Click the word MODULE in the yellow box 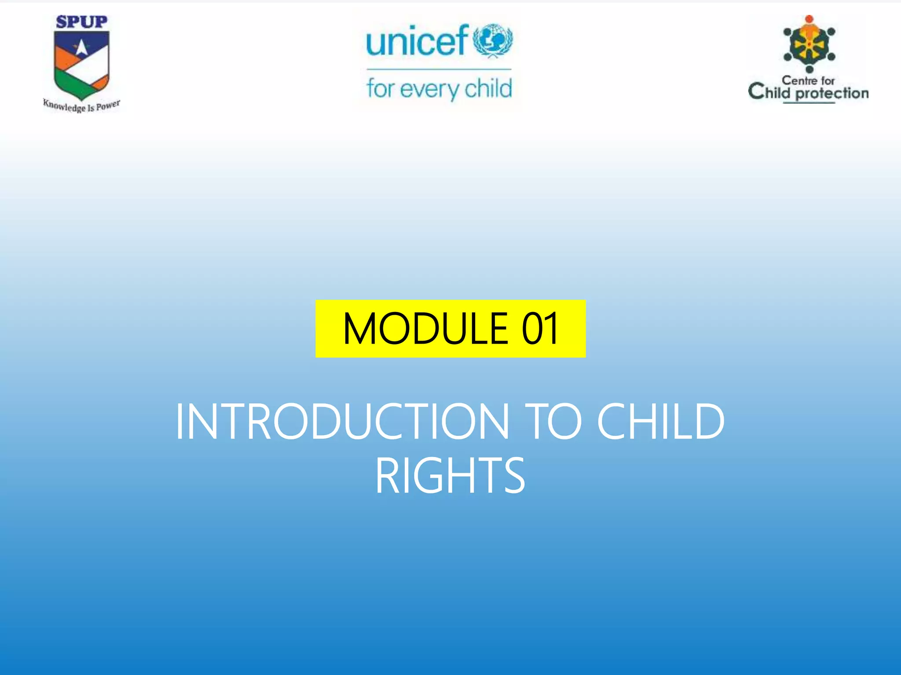425,329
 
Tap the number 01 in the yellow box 540,329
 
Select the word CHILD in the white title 660,422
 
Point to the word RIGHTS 450,476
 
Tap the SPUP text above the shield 81,22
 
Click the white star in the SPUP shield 81,47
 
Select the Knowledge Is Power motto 81,106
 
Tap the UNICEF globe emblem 493,41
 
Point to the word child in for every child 488,88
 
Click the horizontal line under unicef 439,69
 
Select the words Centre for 808,81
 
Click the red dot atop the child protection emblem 809,19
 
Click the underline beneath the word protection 809,103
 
